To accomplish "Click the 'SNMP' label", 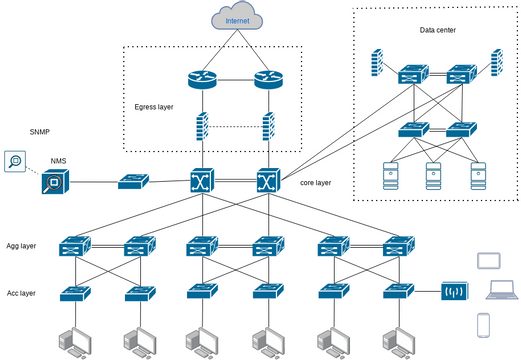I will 40,131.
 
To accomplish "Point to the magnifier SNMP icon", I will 15,161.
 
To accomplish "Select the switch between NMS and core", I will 133,182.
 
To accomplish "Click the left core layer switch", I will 203,182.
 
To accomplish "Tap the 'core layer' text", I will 316,184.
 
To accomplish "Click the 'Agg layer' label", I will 21,245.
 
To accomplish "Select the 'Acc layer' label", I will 21,293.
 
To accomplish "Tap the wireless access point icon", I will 455,292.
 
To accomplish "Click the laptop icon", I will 500,292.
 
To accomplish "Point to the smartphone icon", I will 483,326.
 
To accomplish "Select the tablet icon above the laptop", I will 488,261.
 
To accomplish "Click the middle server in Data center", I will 434,175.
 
